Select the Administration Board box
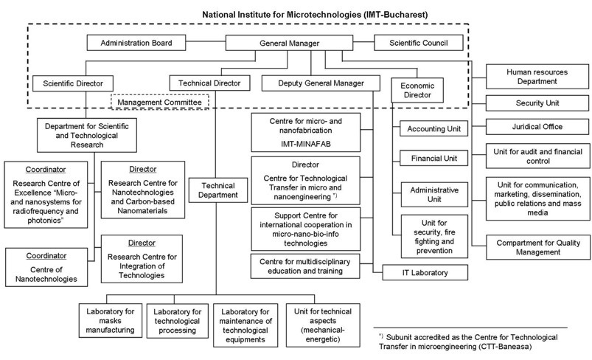[137, 44]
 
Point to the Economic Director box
[417, 90]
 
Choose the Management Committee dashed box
[160, 101]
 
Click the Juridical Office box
[532, 126]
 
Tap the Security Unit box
[532, 100]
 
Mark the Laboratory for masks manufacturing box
[109, 319]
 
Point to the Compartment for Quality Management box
[532, 246]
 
